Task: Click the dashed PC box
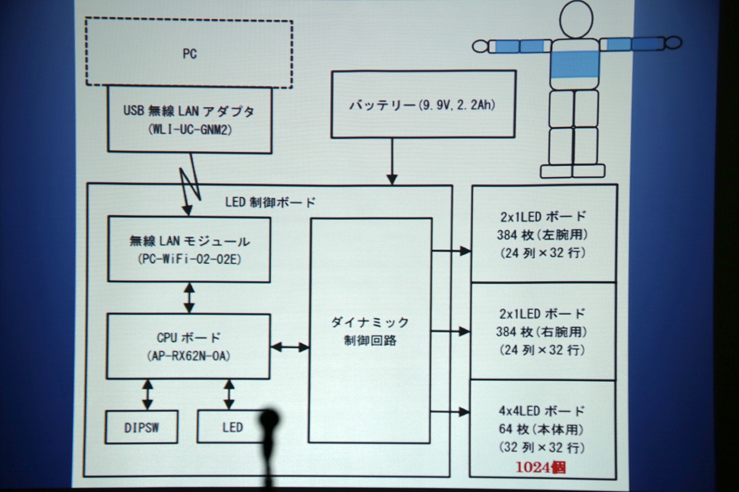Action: click(x=188, y=54)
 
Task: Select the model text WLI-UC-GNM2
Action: click(x=190, y=130)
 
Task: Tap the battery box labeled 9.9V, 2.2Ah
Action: click(x=422, y=104)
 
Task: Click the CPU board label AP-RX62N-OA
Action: click(x=188, y=356)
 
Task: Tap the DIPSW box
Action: click(x=141, y=426)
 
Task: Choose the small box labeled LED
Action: click(x=232, y=426)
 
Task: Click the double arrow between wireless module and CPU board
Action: click(x=189, y=298)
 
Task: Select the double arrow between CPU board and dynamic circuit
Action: click(x=290, y=347)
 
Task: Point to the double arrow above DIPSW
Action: click(x=147, y=394)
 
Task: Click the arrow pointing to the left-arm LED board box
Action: click(x=451, y=251)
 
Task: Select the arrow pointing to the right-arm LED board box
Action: click(x=451, y=331)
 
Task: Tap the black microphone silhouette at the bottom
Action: click(x=269, y=430)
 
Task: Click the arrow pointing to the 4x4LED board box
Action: click(x=451, y=412)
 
